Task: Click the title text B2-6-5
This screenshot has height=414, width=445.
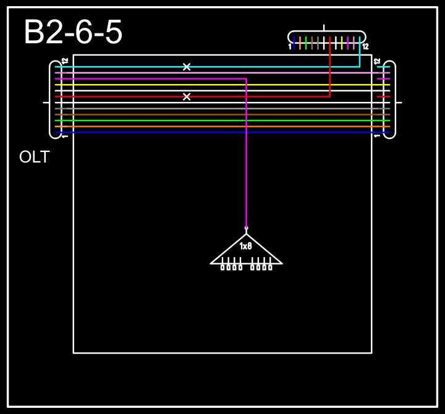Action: click(73, 33)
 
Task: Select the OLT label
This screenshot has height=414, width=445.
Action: click(34, 158)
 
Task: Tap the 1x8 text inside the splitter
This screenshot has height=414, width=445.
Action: click(246, 246)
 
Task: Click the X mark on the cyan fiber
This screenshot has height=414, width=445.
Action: click(187, 67)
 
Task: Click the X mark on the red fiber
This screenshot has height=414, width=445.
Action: click(187, 96)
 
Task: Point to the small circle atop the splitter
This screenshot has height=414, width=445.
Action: click(246, 228)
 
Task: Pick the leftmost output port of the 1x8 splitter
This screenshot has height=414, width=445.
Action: click(222, 267)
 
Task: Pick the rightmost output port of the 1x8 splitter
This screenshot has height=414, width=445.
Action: click(270, 267)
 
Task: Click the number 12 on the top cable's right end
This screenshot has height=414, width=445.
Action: click(365, 46)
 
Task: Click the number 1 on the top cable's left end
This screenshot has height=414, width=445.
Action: click(290, 46)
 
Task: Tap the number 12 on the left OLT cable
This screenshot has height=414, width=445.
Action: click(65, 61)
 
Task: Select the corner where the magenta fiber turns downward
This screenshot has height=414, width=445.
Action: click(246, 79)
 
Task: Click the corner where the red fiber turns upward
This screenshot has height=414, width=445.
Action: click(330, 96)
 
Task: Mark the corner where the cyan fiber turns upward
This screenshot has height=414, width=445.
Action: click(359, 67)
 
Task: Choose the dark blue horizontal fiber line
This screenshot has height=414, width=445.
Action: click(216, 132)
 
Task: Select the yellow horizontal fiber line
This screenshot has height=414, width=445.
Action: click(216, 85)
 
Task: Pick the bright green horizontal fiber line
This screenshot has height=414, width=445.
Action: click(216, 120)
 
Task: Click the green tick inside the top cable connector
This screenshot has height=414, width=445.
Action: click(306, 43)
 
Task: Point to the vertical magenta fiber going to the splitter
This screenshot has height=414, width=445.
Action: click(246, 154)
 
